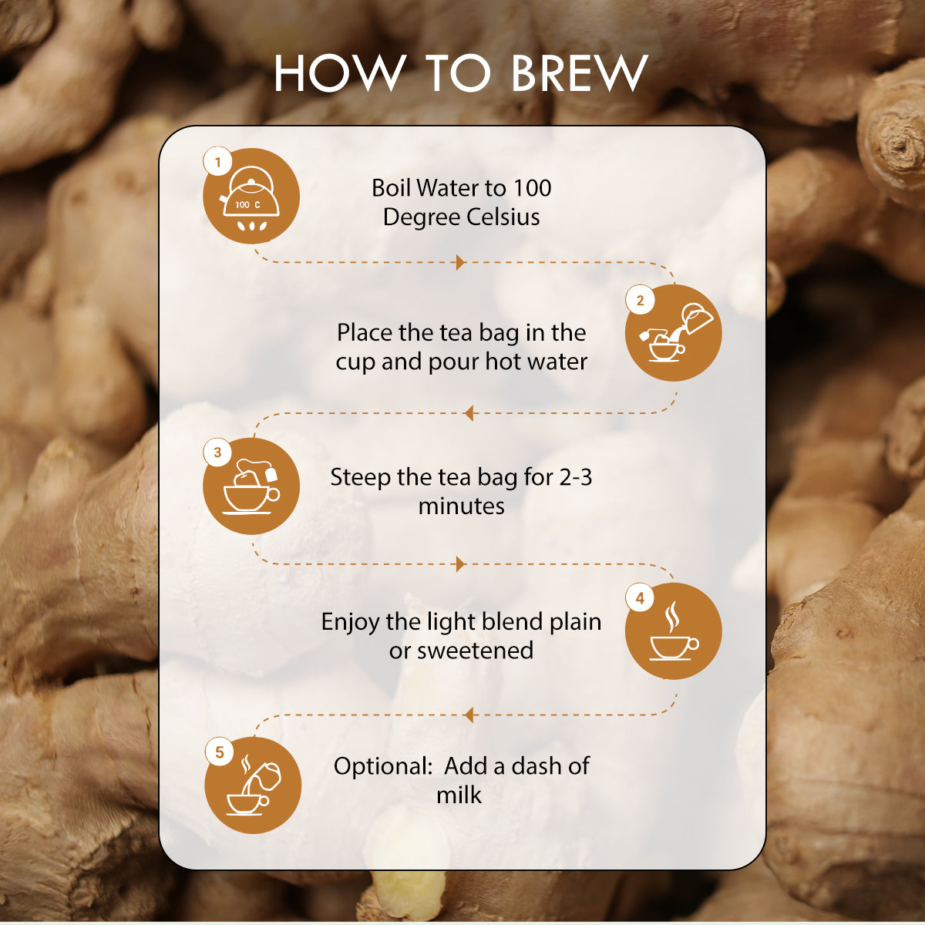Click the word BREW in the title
pyautogui.click(x=579, y=74)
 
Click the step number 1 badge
pyautogui.click(x=218, y=163)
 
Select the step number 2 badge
pyautogui.click(x=640, y=301)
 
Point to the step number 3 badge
pyautogui.click(x=217, y=452)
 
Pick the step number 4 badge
pyautogui.click(x=640, y=597)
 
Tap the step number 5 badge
pyautogui.click(x=220, y=752)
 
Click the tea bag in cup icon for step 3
pyautogui.click(x=251, y=488)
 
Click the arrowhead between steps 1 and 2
pyautogui.click(x=460, y=263)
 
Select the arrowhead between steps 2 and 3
pyautogui.click(x=468, y=414)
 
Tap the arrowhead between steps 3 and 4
pyautogui.click(x=460, y=564)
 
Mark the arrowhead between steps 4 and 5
pyautogui.click(x=468, y=715)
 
